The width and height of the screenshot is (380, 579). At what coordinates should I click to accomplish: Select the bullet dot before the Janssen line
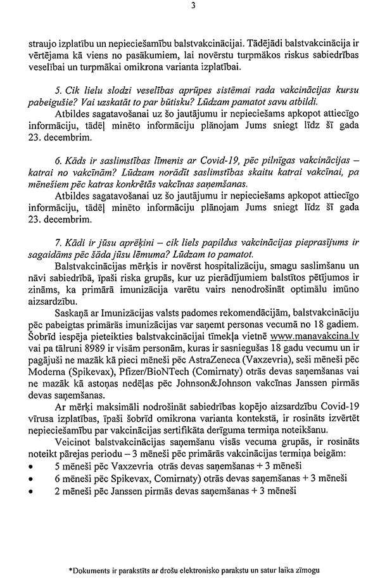click(x=30, y=492)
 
